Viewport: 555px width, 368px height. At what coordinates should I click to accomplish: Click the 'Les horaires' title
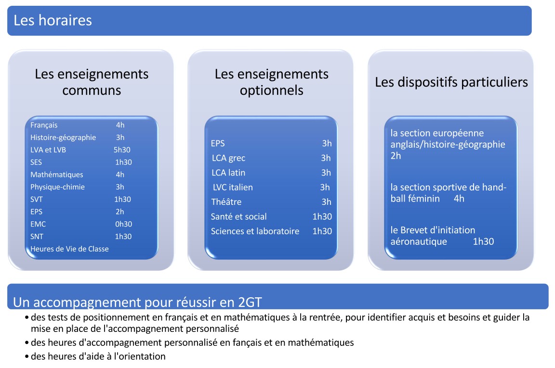53,21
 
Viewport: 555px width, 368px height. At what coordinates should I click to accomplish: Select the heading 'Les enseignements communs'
92,82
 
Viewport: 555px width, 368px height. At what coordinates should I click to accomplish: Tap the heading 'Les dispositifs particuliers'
451,82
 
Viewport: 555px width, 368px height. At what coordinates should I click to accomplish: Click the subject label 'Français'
44,125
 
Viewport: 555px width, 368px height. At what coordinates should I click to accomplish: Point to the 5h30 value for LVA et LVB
122,150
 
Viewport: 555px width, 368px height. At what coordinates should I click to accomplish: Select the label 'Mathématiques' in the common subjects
56,175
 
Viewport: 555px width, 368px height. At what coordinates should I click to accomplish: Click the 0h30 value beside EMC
123,224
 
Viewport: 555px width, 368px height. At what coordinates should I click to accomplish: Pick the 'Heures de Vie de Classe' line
69,249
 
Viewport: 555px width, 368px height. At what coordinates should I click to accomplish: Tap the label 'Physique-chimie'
57,187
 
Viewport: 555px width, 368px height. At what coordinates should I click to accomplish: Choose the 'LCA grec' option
228,158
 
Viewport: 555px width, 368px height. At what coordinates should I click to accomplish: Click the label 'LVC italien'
233,187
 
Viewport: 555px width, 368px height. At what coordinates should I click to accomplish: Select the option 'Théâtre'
226,202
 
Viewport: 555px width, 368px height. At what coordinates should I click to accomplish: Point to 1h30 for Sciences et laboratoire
322,231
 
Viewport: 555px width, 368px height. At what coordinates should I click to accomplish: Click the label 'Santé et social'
238,216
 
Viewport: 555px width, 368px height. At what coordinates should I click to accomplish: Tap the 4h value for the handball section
459,199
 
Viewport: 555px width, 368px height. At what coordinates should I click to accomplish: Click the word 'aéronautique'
419,241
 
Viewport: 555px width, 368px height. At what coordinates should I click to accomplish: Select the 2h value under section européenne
396,156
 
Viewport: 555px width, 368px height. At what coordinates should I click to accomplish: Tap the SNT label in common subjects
37,237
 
